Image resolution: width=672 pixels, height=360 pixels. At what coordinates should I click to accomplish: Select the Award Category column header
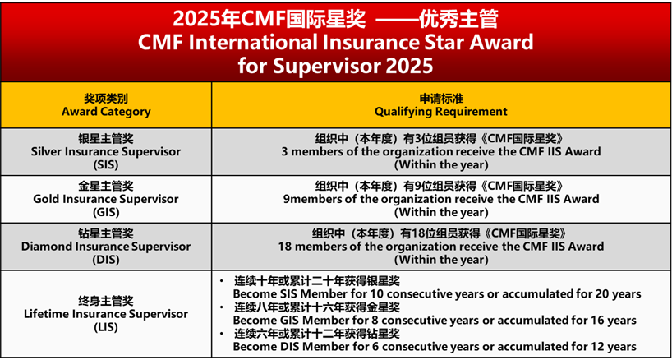106,112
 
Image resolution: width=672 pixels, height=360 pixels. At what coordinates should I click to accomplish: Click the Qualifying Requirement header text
441,112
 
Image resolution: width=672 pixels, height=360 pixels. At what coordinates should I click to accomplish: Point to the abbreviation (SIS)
106,164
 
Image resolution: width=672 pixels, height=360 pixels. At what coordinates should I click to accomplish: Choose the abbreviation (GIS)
106,212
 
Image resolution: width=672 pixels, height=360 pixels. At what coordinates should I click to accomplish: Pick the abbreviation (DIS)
106,260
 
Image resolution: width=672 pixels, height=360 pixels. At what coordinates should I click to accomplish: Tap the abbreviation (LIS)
106,327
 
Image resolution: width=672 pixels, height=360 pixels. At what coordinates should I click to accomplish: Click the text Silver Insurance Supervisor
106,152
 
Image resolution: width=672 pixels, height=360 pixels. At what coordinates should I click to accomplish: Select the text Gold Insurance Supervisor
106,200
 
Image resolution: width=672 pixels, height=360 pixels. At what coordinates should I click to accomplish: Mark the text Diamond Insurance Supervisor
106,247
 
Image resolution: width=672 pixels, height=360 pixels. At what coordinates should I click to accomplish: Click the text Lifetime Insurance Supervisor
106,314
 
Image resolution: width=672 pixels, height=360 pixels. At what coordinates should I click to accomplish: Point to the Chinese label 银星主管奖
106,139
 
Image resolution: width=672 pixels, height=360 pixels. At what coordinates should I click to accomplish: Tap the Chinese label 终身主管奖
106,301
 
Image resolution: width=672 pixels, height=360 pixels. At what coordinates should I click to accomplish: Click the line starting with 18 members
441,247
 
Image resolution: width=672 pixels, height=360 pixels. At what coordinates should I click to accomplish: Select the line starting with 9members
441,199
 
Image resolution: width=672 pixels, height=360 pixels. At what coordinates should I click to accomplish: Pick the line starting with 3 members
441,152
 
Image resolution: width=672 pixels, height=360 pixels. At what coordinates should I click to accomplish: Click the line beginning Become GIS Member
435,320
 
